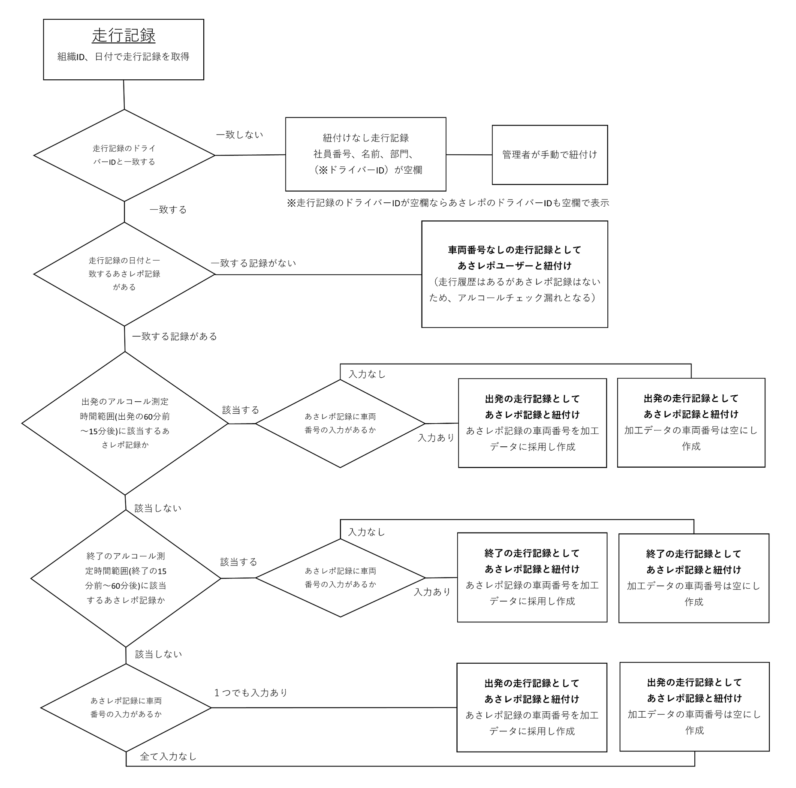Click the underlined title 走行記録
(x=124, y=36)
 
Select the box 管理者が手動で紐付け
(x=549, y=155)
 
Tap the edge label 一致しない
(x=239, y=135)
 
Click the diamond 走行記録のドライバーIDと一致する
(x=124, y=155)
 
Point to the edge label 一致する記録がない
(x=253, y=263)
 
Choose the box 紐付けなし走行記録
(x=365, y=154)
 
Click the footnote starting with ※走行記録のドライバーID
(x=448, y=203)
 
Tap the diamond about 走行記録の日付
(x=124, y=274)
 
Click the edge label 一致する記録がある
(x=175, y=337)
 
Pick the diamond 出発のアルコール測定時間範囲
(x=125, y=423)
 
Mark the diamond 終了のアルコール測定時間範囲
(x=126, y=578)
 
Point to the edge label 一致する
(x=168, y=210)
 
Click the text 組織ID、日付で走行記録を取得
(x=124, y=57)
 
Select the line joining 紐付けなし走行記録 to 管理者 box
(x=469, y=155)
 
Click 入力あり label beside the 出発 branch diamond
(x=436, y=438)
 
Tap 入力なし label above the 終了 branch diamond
(x=366, y=532)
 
